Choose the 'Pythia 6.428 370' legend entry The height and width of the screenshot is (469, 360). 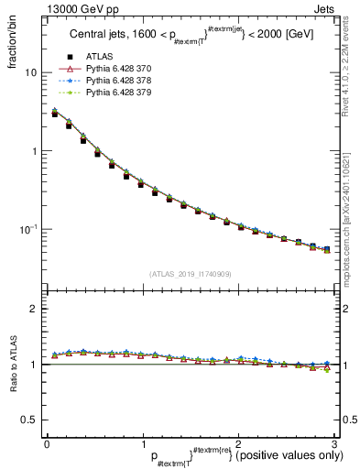tap(121, 70)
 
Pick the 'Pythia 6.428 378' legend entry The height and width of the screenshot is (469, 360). tap(121, 81)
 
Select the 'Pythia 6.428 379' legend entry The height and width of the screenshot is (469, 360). tap(121, 93)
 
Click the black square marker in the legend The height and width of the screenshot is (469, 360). tap(70, 58)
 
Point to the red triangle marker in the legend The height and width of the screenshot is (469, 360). tap(70, 70)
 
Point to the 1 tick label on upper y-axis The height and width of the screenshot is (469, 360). tap(34, 150)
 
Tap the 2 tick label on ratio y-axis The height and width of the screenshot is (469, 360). tap(34, 309)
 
